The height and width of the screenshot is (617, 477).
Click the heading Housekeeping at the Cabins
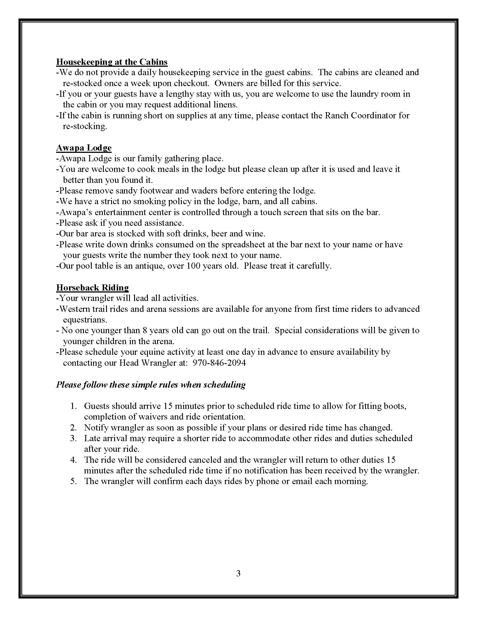(112, 62)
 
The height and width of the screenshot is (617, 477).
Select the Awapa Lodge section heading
(84, 148)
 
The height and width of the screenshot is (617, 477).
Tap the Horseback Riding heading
(92, 287)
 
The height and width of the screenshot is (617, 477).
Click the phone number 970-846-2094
(219, 363)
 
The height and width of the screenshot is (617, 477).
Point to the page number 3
(238, 573)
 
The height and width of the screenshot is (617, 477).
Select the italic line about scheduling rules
(151, 385)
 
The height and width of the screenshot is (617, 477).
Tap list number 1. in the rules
(74, 406)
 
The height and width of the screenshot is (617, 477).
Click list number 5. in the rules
(74, 481)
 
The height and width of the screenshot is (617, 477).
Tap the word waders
(204, 191)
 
